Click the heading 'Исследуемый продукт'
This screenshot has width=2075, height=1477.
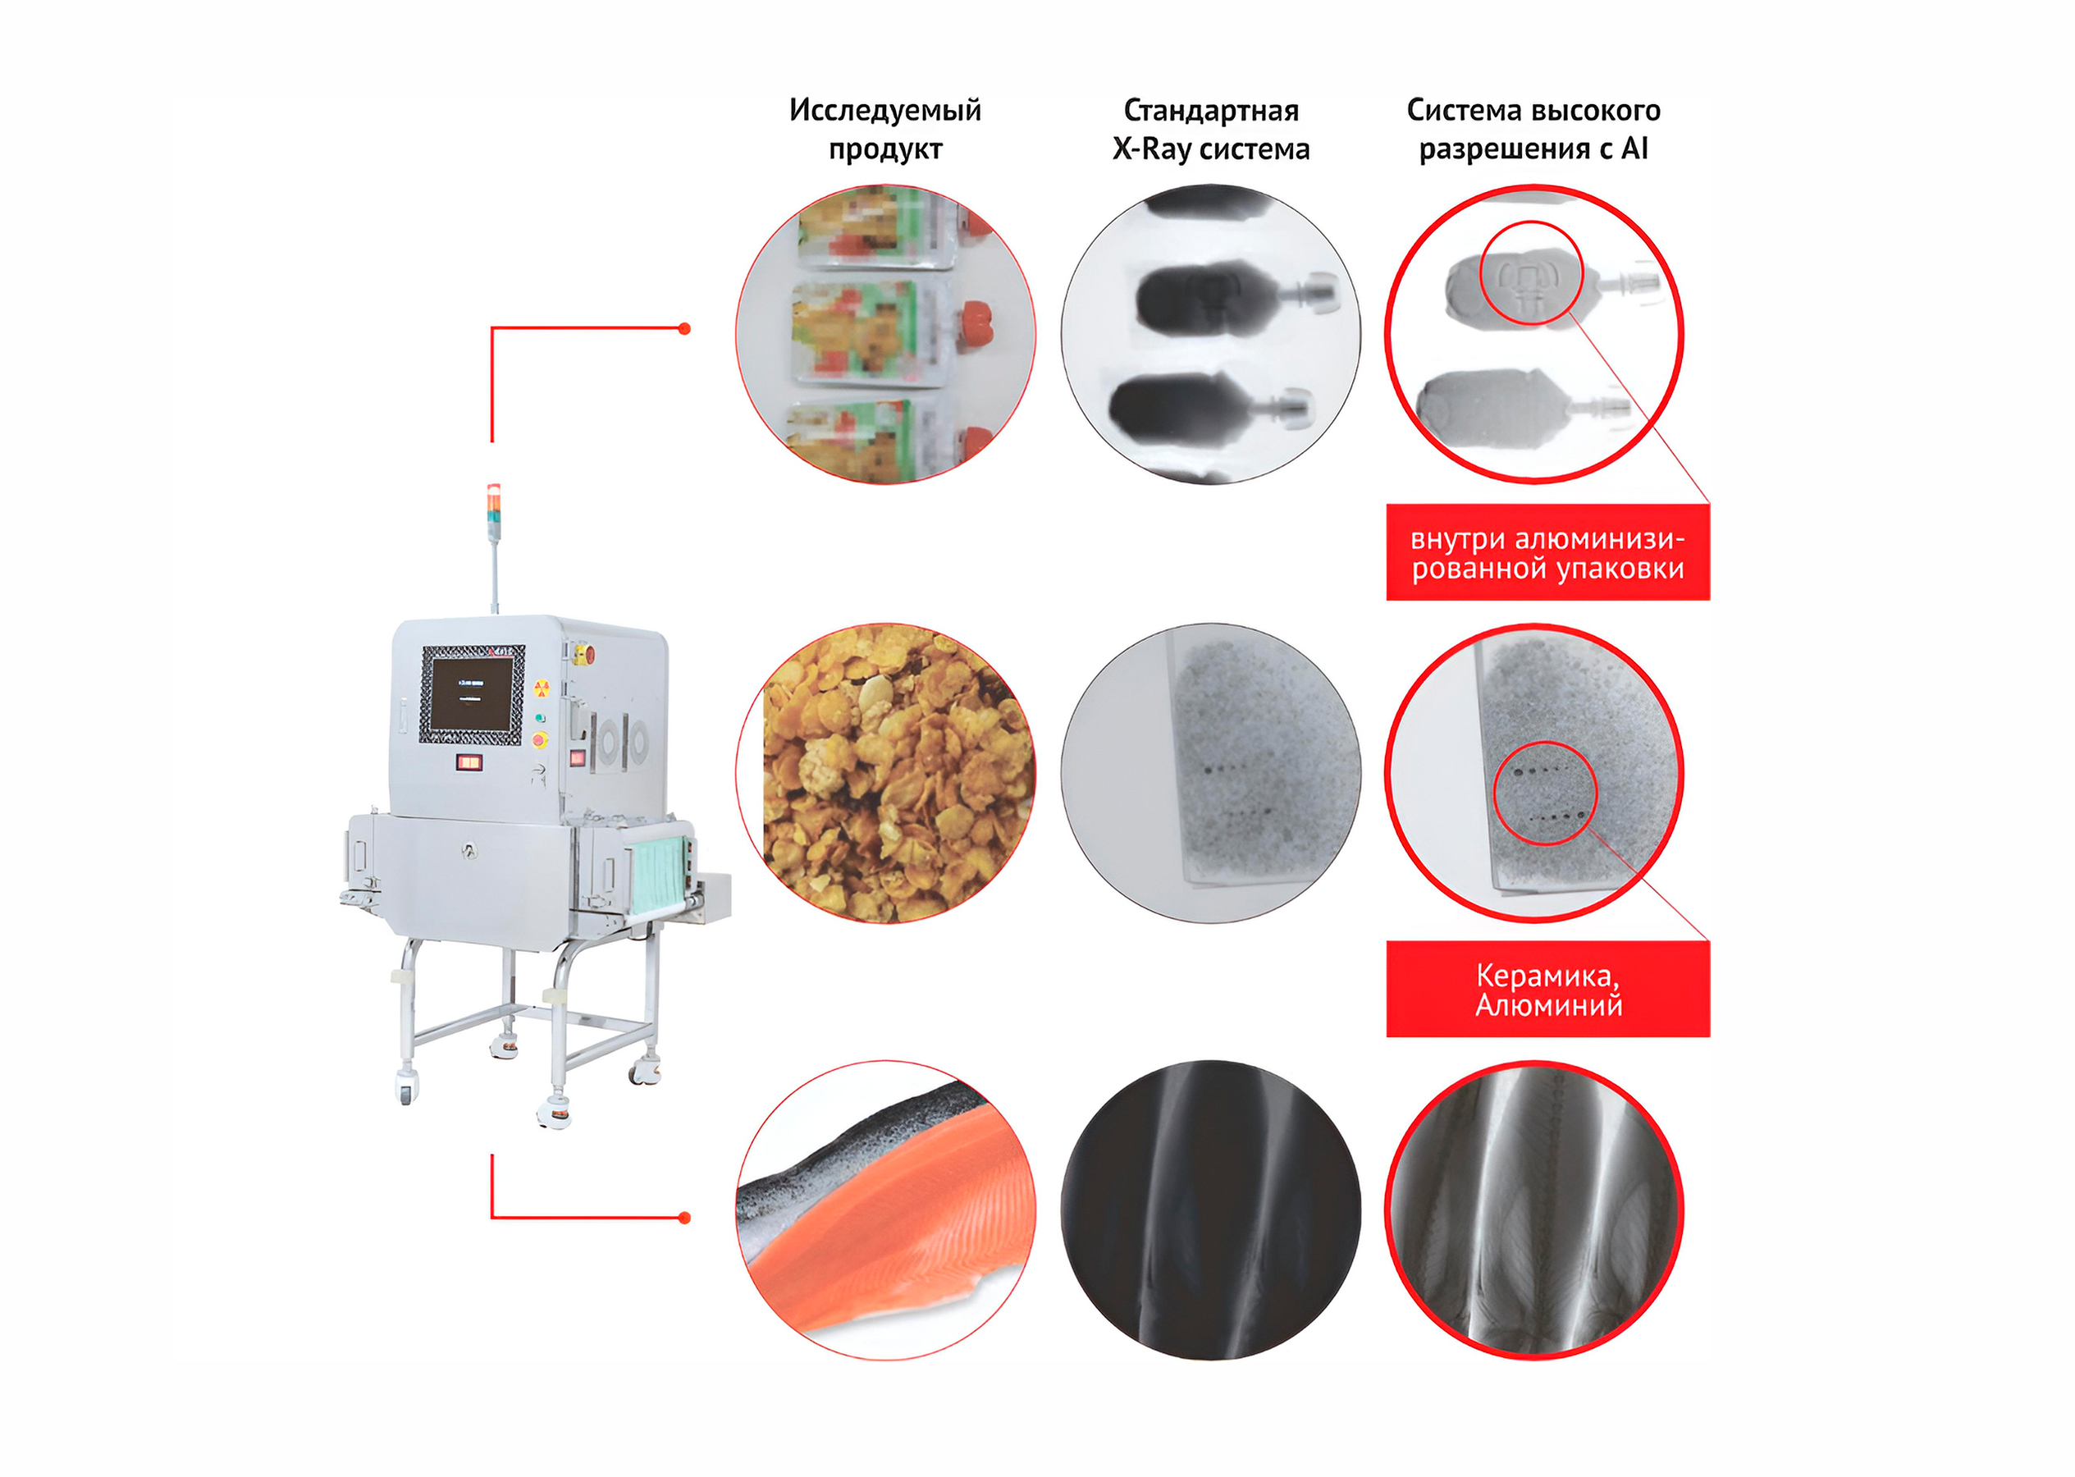tap(884, 129)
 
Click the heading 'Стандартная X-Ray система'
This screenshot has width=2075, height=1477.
tap(1210, 129)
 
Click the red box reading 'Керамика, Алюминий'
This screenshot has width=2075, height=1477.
tap(1547, 990)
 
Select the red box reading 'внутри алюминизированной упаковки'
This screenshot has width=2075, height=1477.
tap(1547, 553)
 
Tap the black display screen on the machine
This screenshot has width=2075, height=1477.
tap(471, 694)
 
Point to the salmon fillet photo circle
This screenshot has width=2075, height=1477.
tap(884, 1209)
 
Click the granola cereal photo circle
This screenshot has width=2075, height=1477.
tap(884, 773)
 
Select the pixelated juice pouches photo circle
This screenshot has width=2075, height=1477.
tap(884, 335)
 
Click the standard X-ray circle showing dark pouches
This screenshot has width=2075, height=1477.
tap(1210, 335)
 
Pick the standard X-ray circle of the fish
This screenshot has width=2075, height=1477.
tap(1210, 1209)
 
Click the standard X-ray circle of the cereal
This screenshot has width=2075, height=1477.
tap(1210, 773)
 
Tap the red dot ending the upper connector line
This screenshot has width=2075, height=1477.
tap(685, 328)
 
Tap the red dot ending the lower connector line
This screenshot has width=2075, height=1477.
tap(685, 1218)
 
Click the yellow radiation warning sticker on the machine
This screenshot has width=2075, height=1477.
tap(542, 687)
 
